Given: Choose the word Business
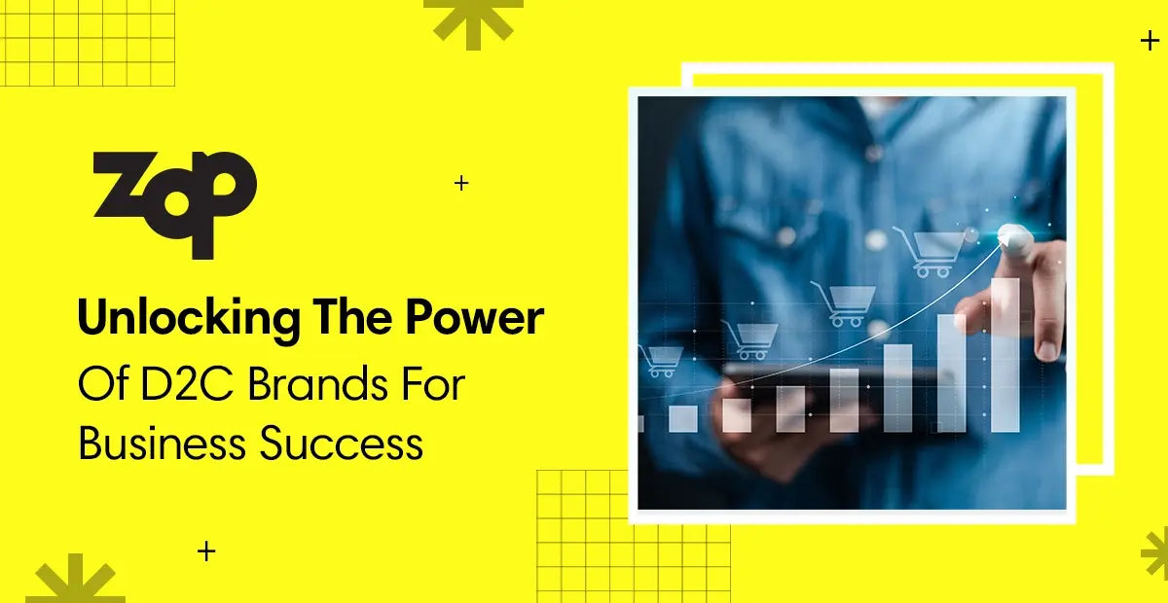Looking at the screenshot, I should pyautogui.click(x=162, y=443).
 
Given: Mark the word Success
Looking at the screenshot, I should pyautogui.click(x=342, y=443).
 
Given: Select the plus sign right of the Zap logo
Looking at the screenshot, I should pyautogui.click(x=461, y=182).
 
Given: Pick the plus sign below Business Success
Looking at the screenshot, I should pyautogui.click(x=206, y=551).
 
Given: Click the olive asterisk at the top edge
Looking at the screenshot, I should pyautogui.click(x=473, y=19).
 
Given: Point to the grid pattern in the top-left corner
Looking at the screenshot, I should pyautogui.click(x=88, y=44).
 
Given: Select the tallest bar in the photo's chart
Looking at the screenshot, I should pyautogui.click(x=1004, y=355).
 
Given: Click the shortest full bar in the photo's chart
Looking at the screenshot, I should pyautogui.click(x=683, y=418).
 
